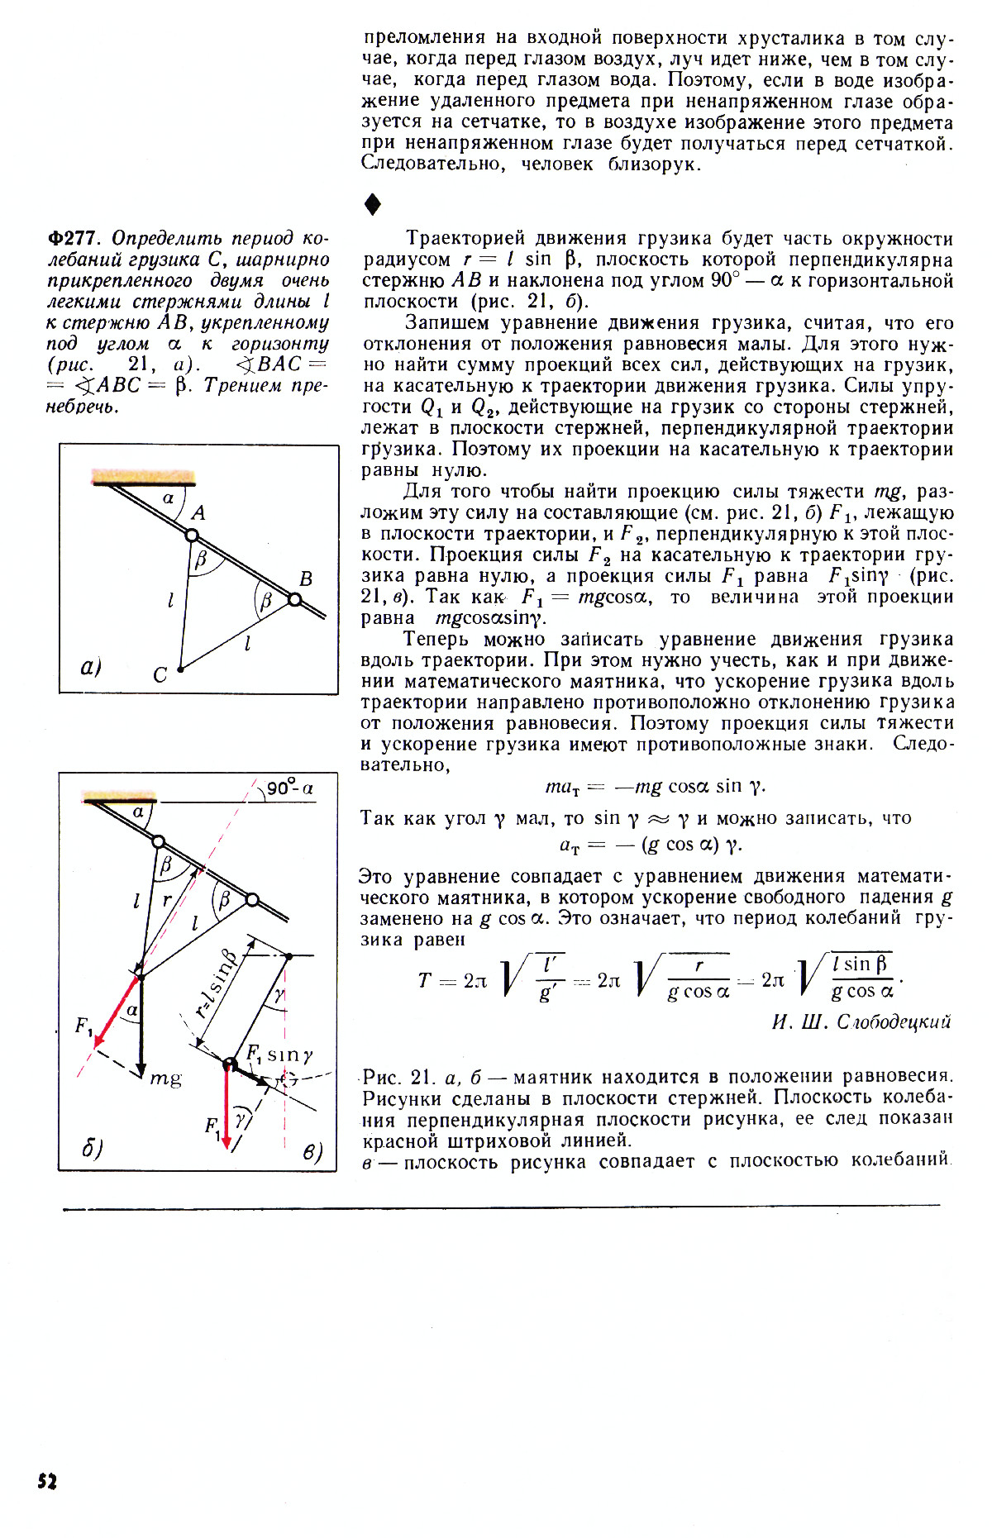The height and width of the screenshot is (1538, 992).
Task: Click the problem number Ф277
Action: tap(72, 239)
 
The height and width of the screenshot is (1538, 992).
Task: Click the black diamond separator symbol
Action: tap(373, 204)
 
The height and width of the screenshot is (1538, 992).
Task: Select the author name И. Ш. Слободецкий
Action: tap(861, 1022)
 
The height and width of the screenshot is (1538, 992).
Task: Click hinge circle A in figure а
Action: tap(192, 536)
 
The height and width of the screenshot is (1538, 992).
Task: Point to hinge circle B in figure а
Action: tap(294, 600)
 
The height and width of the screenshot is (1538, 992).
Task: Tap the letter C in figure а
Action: tap(160, 675)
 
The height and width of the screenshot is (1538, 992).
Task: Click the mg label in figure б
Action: tap(165, 1078)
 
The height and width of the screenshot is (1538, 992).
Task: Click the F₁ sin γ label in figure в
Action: tap(279, 1055)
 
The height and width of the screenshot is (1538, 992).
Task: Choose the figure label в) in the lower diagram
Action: tap(311, 1151)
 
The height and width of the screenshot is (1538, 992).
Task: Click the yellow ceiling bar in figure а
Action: tap(144, 476)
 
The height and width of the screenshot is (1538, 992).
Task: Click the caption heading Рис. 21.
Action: tap(393, 1078)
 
